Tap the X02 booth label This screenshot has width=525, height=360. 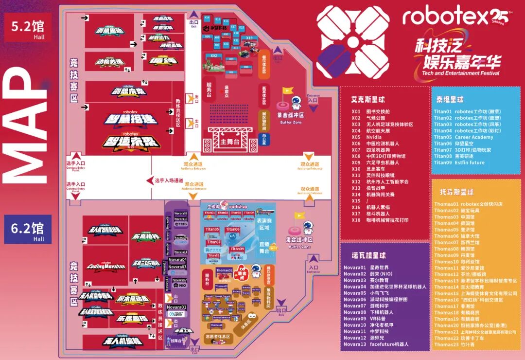pyautogui.click(x=213, y=56)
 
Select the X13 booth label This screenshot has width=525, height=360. pyautogui.click(x=249, y=37)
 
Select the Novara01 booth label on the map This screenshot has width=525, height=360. pyautogui.click(x=177, y=307)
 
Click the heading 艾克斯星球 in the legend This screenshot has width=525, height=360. pyautogui.click(x=368, y=99)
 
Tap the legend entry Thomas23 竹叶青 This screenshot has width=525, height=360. pyautogui.click(x=454, y=344)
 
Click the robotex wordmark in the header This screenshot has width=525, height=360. pyautogui.click(x=444, y=18)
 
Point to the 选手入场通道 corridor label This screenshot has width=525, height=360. pyautogui.click(x=169, y=180)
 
